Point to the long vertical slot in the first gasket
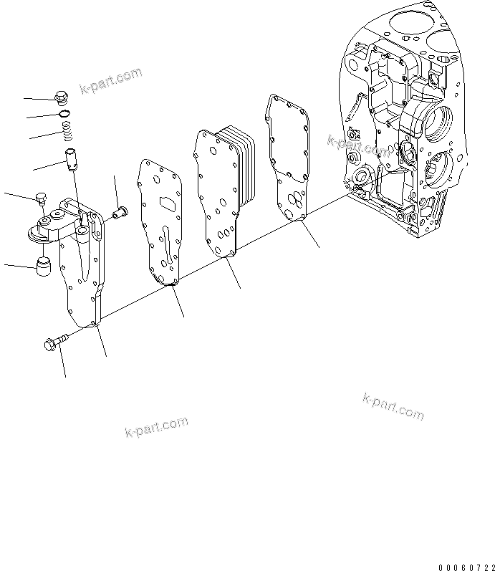point(167,247)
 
